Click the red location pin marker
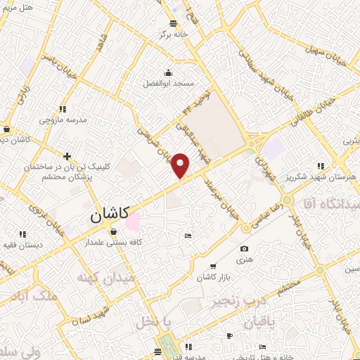tap(181, 166)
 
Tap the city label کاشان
tap(109, 217)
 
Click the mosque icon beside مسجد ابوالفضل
tap(168, 72)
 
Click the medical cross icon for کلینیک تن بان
tap(67, 156)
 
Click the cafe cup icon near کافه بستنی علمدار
tap(115, 231)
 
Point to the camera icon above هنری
tap(244, 249)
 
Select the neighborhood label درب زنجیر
tap(236, 302)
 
